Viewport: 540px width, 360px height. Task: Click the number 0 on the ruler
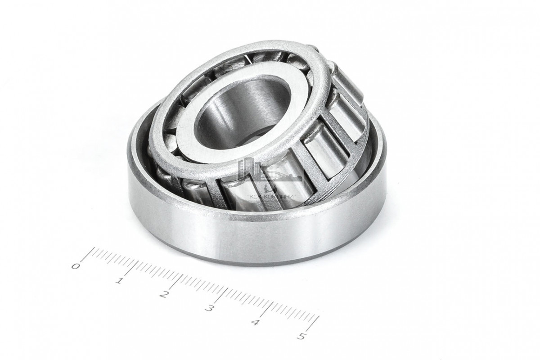76,266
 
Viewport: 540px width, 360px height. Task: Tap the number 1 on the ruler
119,280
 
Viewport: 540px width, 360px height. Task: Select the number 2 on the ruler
164,294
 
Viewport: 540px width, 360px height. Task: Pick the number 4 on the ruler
255,322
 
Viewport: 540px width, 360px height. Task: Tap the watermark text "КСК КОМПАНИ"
271,197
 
